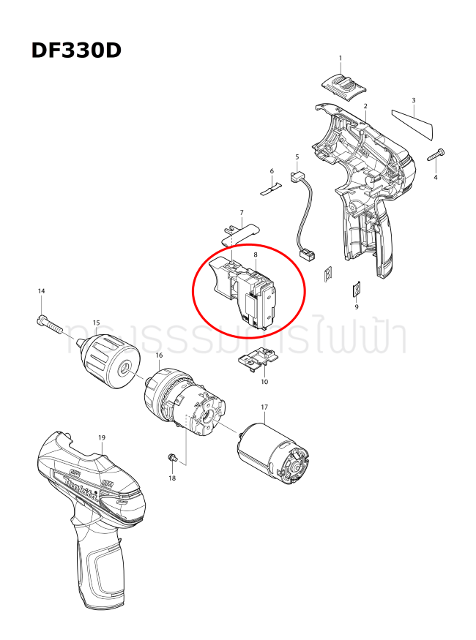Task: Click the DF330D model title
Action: click(76, 50)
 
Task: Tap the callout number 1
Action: click(341, 58)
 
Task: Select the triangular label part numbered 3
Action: click(413, 122)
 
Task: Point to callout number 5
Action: click(297, 157)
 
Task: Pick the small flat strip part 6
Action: click(272, 188)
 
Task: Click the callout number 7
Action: click(242, 213)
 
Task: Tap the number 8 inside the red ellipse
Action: click(255, 255)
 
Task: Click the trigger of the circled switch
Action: click(220, 278)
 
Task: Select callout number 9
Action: click(357, 307)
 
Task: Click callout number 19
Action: click(102, 437)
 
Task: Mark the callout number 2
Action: click(365, 107)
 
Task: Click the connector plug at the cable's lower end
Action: click(308, 255)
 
